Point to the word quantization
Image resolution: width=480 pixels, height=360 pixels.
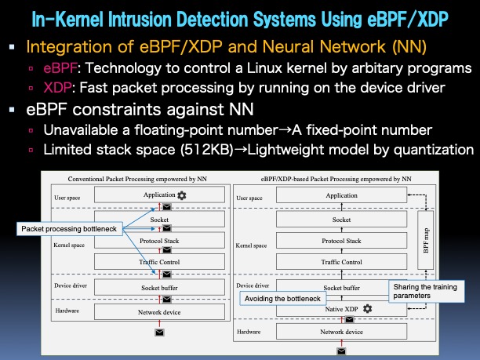432,149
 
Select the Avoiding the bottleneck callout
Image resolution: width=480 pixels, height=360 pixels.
278,299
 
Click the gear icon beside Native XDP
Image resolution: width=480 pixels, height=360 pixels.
367,309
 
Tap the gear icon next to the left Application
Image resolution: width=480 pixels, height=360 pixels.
182,195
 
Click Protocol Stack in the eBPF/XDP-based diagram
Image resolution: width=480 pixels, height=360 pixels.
342,241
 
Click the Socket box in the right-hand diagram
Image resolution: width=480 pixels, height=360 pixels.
342,220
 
